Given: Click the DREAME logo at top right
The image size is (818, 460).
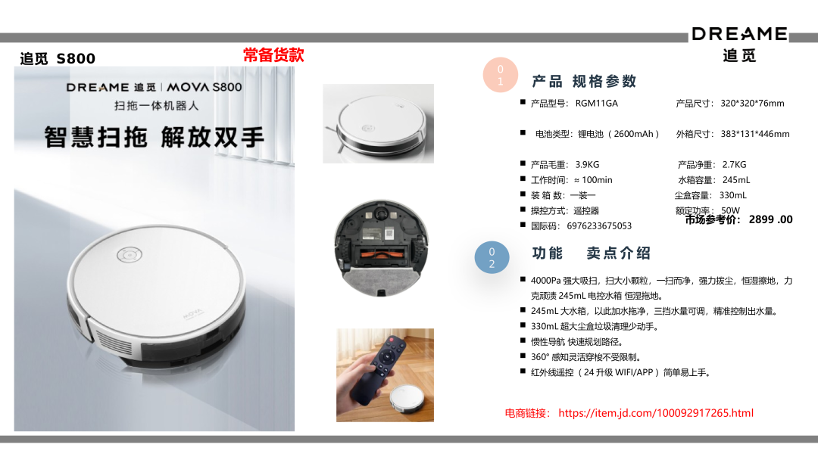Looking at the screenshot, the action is pos(739,34).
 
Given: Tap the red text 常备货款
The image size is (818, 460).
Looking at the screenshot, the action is pos(273,54).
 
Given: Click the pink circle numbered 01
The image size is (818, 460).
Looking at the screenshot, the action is pos(501,75).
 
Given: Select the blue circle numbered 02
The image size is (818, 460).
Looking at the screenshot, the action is pos(492,257).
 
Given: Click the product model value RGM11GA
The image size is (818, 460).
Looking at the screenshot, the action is pos(596,103).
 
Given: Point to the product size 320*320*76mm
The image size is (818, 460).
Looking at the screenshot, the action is pos(752,103).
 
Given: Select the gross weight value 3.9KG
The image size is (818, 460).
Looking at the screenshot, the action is pos(587,165).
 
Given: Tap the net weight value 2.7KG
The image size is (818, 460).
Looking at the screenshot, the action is pos(734,165).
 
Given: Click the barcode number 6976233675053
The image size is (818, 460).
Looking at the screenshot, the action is pos(599,226).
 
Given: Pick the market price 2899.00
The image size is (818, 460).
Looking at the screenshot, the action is pos(770,219).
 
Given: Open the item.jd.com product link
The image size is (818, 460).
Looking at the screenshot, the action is pos(656,413).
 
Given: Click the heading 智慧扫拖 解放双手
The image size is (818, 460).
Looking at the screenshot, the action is pos(155,137).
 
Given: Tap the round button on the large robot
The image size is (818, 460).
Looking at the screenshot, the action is pos(130,255).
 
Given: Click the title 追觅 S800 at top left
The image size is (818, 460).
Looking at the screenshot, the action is pos(58,58).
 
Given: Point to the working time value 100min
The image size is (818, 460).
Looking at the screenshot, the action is pos(597,180).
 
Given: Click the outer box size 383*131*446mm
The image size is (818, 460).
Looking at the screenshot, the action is pos(755,134).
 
